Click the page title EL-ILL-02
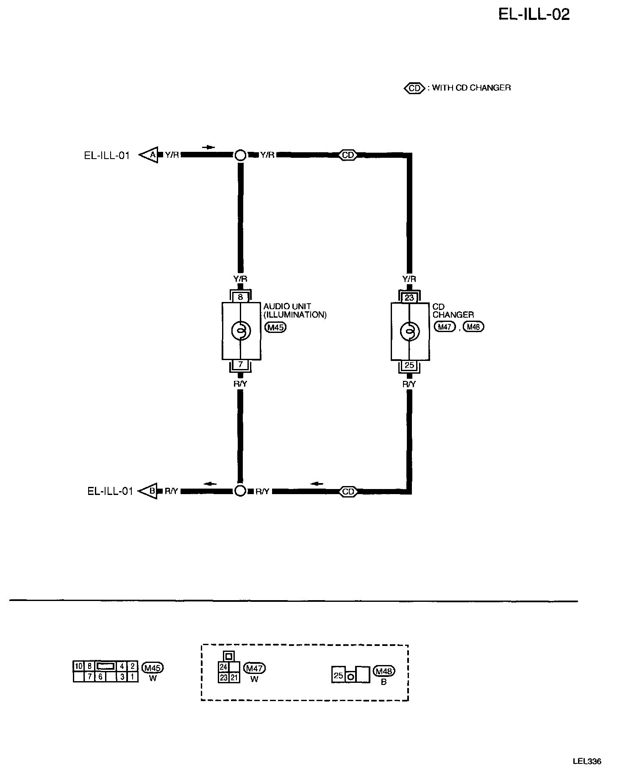coord(534,15)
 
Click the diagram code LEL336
coord(587,761)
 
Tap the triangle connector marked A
coord(150,155)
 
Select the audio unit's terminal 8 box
coord(240,297)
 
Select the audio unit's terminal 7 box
coord(240,364)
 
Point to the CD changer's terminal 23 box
coord(409,297)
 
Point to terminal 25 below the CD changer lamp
coord(409,365)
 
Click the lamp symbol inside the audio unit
coord(241,331)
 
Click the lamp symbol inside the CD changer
coord(409,331)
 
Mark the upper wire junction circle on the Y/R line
coord(240,155)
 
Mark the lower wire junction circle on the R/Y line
coord(240,491)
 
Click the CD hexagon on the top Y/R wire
coord(348,155)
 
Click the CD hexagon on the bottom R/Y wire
coord(348,492)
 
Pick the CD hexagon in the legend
coord(414,88)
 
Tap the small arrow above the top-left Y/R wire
coord(208,147)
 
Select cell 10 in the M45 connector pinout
coord(78,666)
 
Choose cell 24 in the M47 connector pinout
coord(224,667)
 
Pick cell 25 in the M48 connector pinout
coord(338,675)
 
